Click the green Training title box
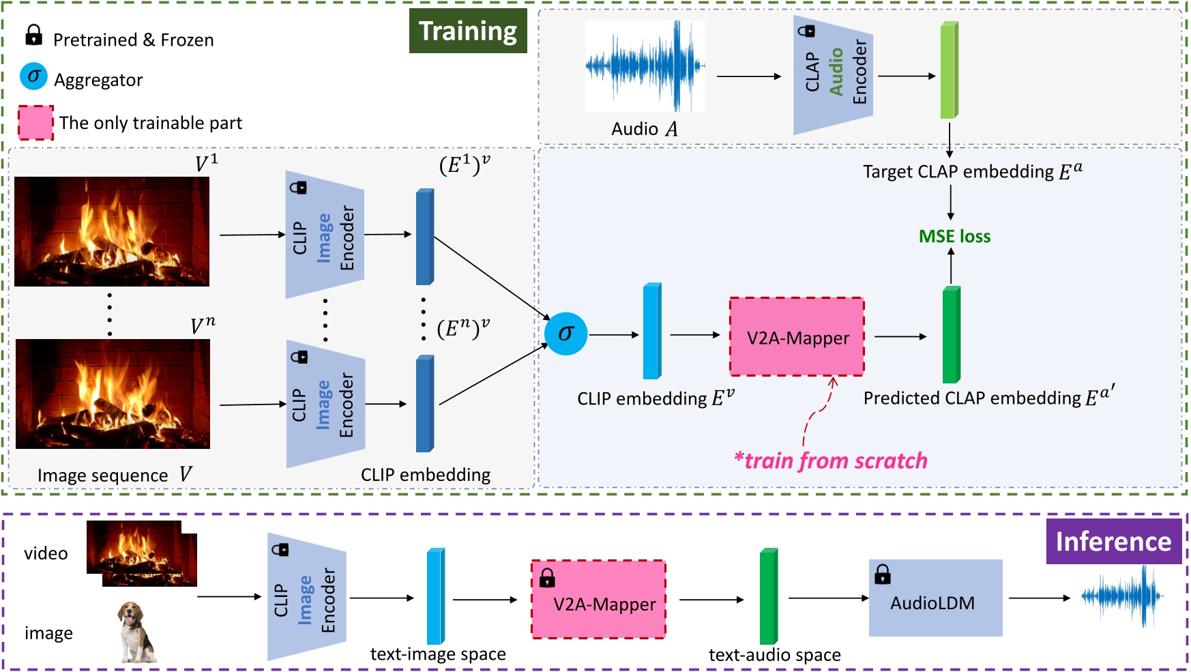coord(468,31)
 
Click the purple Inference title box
coord(1113,541)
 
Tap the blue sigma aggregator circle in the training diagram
coord(565,334)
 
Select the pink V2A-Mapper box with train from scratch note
coord(797,337)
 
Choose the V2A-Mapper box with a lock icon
coord(598,600)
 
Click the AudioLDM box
coord(935,598)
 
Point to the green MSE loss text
coord(954,236)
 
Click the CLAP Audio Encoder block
coord(834,76)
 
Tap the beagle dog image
coord(136,632)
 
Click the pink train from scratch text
coord(830,461)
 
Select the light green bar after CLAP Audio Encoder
coord(949,70)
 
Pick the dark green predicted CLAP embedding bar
coord(951,335)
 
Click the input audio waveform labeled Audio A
coord(645,66)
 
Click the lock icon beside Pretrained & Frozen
coord(33,35)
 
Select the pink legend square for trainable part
coord(35,123)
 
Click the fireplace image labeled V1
coord(112,231)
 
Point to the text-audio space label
coord(774,655)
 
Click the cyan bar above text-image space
coord(435,596)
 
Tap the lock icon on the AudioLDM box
coord(883,574)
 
